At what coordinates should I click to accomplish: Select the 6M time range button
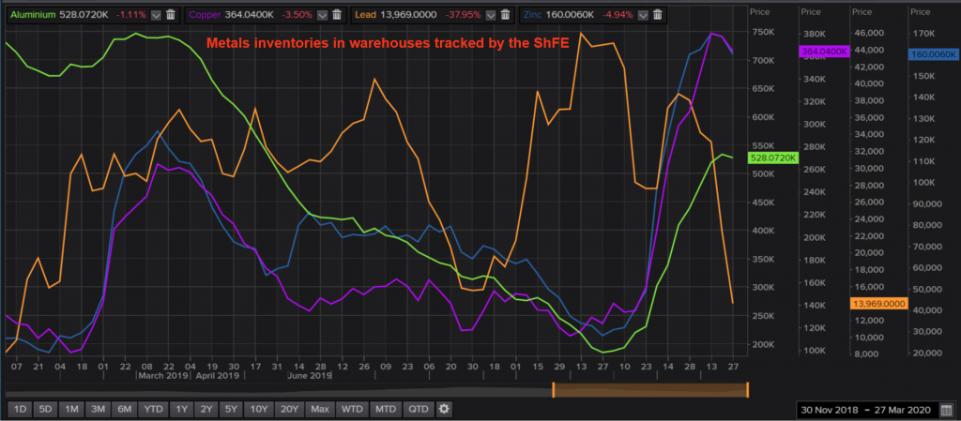coord(125,409)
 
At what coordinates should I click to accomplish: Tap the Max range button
coord(320,409)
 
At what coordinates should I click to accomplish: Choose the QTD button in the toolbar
coord(419,409)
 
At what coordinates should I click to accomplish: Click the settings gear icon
coord(444,409)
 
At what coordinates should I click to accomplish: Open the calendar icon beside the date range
coord(946,409)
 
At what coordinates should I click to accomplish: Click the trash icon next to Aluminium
coord(172,15)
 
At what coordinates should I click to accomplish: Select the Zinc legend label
coord(557,15)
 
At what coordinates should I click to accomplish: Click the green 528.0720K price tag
coord(773,158)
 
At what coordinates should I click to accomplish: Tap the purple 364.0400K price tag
coord(824,52)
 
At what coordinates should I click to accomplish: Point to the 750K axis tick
coord(763,32)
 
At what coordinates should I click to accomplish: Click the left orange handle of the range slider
coord(554,389)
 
